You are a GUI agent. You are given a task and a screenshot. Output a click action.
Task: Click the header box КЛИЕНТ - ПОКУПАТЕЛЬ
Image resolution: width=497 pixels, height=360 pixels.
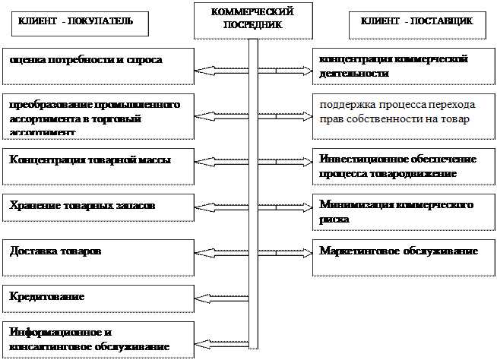[x=78, y=22]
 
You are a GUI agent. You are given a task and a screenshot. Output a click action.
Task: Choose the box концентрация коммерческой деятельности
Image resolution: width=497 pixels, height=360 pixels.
[x=404, y=66]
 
